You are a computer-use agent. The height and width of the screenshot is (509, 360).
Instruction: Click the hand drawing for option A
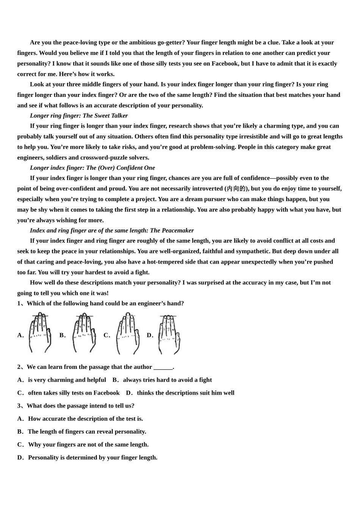(x=39, y=333)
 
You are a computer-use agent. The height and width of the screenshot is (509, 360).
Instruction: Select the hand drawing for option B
(x=84, y=333)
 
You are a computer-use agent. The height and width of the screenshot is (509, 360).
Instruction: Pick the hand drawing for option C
(x=128, y=333)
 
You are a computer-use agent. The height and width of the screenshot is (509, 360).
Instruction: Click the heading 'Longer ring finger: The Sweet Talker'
(x=79, y=116)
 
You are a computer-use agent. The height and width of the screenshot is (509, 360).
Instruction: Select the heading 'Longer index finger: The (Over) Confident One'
(x=92, y=168)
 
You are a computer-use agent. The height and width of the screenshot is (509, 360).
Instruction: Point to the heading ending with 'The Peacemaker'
(x=112, y=230)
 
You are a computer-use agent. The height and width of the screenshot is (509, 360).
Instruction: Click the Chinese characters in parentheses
(x=236, y=189)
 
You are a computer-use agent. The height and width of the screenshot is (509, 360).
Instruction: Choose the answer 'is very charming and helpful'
(x=67, y=380)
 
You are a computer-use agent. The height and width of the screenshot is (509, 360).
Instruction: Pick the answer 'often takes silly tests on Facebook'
(x=74, y=393)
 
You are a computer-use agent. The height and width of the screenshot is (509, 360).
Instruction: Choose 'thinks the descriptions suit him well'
(x=186, y=393)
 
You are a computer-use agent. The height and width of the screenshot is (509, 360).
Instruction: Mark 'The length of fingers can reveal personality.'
(x=87, y=431)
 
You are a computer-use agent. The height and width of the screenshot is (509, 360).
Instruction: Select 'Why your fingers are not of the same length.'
(x=88, y=444)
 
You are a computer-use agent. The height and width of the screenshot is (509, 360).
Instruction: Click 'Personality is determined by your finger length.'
(x=93, y=457)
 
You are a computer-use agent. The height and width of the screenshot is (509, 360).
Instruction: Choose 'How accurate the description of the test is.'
(x=85, y=418)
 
